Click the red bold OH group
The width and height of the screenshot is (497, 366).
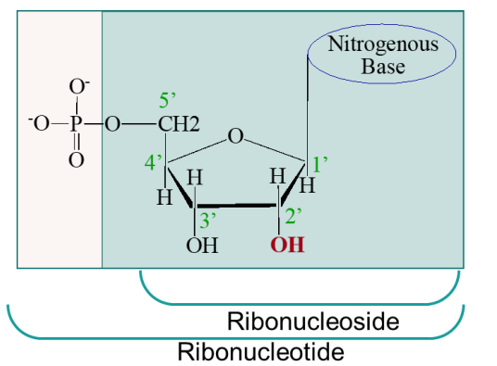click(287, 246)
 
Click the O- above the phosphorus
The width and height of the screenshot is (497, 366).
click(79, 89)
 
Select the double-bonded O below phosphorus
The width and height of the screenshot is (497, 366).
click(77, 160)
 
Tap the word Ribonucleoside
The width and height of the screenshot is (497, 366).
click(312, 322)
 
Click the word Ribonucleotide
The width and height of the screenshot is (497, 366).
click(261, 351)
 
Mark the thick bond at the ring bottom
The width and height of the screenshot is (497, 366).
click(236, 206)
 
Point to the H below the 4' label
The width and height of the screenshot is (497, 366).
click(163, 196)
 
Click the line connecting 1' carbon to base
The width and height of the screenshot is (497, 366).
click(307, 111)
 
